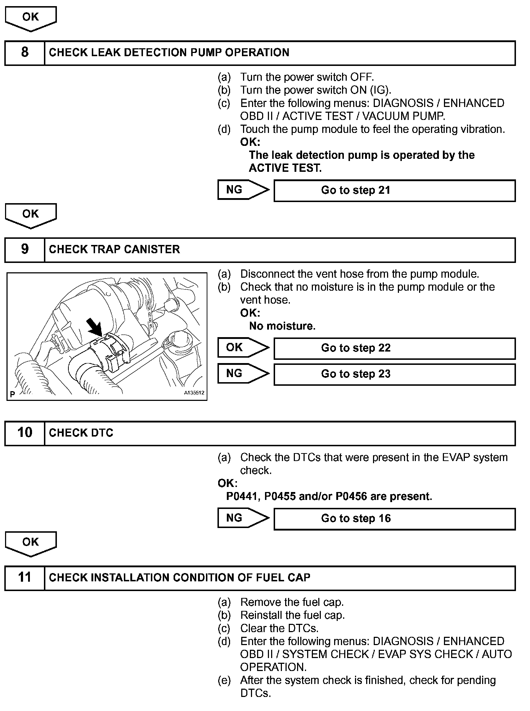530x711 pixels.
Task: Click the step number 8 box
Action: (24, 53)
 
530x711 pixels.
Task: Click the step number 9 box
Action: (24, 250)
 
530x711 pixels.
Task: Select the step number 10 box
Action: (24, 433)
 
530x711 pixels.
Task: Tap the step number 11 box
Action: (24, 578)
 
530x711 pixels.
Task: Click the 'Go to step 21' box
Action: (394, 191)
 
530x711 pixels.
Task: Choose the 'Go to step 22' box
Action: (394, 348)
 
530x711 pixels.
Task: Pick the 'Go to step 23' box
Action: (394, 374)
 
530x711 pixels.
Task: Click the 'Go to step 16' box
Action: (394, 519)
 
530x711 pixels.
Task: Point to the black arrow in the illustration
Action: (95, 327)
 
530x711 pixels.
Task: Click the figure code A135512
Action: (194, 393)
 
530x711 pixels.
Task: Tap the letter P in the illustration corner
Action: (13, 394)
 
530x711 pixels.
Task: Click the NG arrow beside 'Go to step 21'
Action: (243, 190)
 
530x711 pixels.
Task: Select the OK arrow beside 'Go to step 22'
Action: (243, 348)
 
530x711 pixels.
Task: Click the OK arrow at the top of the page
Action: (31, 18)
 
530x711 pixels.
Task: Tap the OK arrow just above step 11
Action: (31, 543)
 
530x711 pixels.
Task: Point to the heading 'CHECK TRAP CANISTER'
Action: (114, 250)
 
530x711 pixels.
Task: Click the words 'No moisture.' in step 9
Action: (282, 326)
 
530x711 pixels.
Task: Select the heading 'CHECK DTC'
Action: (81, 433)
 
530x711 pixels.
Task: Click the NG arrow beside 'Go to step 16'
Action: (243, 518)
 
